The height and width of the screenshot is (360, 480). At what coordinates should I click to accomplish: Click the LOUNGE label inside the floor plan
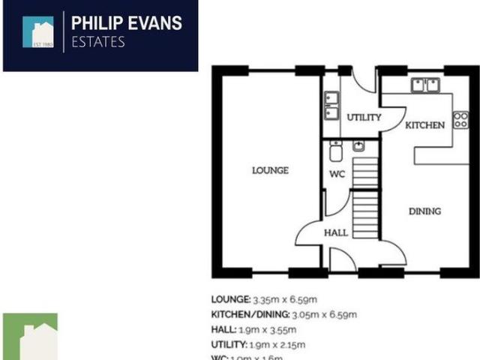click(271, 170)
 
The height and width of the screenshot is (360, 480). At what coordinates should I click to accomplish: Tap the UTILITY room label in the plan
click(364, 118)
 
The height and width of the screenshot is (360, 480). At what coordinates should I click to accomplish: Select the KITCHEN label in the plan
click(425, 125)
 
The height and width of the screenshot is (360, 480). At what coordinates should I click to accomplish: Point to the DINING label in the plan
click(424, 211)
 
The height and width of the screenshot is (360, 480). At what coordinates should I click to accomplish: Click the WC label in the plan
click(337, 174)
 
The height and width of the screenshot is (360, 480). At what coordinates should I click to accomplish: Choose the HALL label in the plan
click(336, 232)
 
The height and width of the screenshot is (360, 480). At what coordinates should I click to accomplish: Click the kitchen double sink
click(424, 85)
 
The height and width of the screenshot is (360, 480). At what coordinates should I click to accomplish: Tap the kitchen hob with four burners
click(460, 121)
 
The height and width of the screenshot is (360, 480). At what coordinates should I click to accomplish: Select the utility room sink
click(331, 106)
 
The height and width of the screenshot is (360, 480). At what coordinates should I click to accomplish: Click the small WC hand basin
click(359, 145)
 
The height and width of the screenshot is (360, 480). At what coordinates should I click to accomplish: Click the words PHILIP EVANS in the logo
click(126, 23)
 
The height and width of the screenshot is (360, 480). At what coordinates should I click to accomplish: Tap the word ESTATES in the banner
click(97, 42)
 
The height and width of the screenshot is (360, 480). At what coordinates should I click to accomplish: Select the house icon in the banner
click(38, 31)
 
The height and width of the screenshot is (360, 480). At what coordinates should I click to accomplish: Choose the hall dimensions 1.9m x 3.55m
click(273, 329)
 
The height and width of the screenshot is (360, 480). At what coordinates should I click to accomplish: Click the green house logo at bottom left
click(30, 337)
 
